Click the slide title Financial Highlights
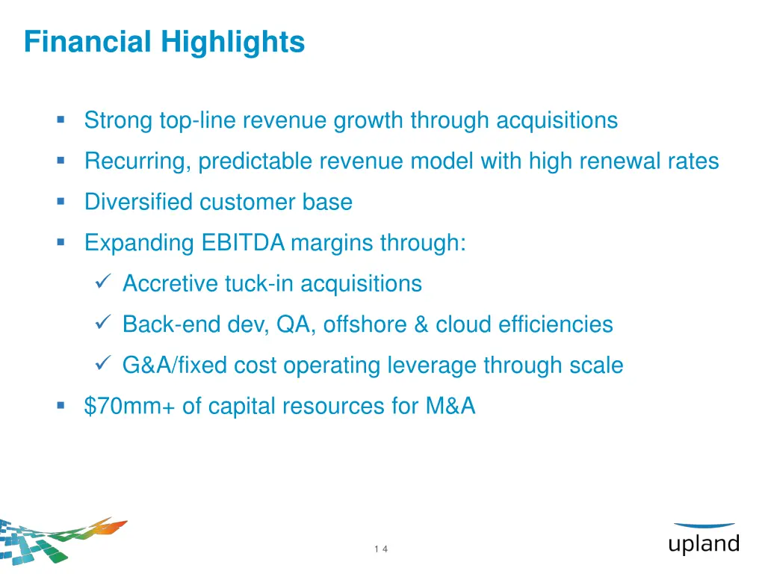(x=164, y=41)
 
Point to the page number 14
(x=381, y=549)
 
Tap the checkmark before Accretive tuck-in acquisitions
(x=104, y=283)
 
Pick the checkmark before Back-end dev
(x=104, y=324)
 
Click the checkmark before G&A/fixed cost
(x=104, y=365)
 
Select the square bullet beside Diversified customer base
(x=61, y=201)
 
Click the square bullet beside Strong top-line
(x=61, y=120)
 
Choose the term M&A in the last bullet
(x=450, y=406)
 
